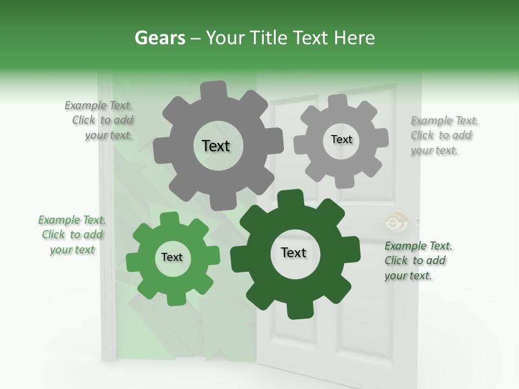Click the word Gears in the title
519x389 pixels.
[x=159, y=38]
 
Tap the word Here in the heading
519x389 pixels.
[x=354, y=38]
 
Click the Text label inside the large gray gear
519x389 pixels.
[x=216, y=146]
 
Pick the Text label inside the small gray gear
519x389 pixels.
[x=341, y=139]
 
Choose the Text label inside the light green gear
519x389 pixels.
[x=172, y=257]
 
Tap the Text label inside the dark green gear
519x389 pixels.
[x=294, y=252]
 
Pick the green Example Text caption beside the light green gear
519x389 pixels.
[x=72, y=234]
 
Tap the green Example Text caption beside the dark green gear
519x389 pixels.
[x=417, y=260]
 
